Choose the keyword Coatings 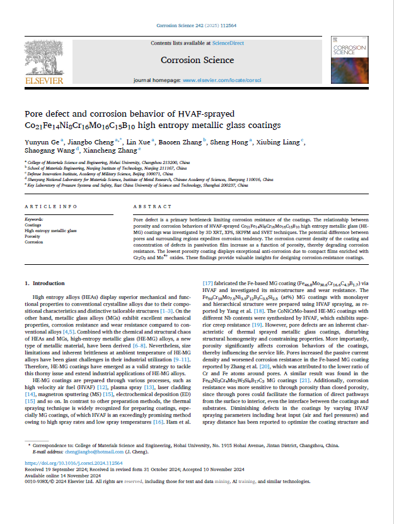tap(33, 224)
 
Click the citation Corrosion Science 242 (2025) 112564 tap(197, 25)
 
